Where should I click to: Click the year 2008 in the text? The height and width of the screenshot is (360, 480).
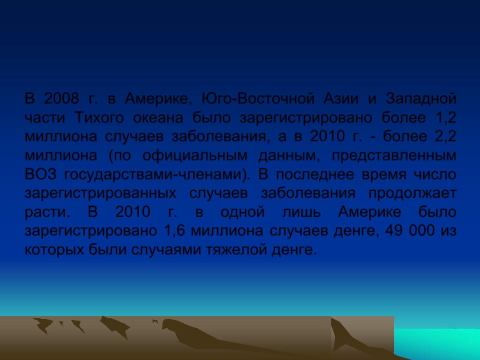point(61,98)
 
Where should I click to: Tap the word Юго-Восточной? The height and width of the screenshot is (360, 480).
point(258,98)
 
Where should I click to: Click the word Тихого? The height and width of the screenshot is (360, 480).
point(99,118)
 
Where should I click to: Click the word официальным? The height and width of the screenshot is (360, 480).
point(195,156)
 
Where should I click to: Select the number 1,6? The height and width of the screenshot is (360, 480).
point(175,231)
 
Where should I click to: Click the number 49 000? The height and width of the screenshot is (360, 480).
point(410,231)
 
